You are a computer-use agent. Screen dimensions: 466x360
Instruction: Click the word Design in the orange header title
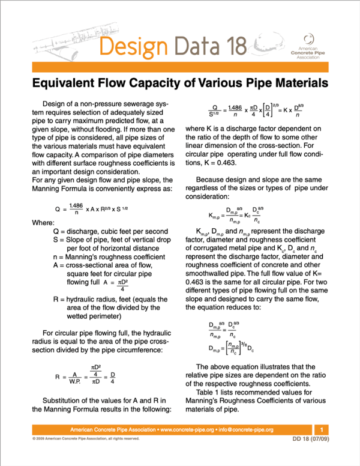pos(132,44)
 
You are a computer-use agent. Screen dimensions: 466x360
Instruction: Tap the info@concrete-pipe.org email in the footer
pos(245,430)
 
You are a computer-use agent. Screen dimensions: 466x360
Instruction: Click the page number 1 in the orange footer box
pos(322,430)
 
